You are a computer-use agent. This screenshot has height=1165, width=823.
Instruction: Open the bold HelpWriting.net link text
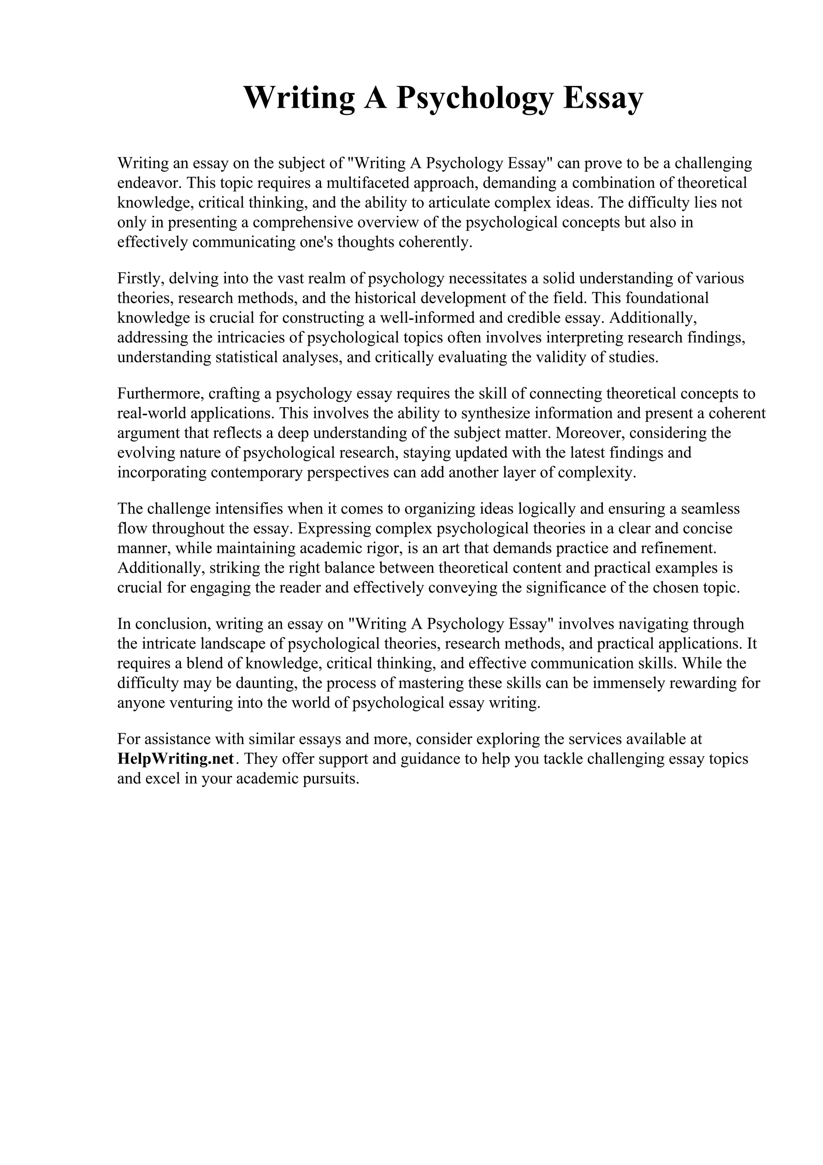pyautogui.click(x=176, y=759)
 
